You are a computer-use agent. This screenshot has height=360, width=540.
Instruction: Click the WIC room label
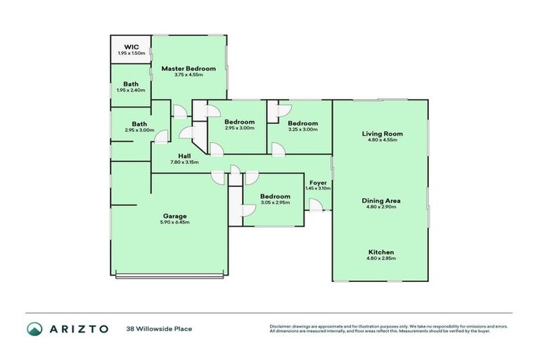(x=131, y=47)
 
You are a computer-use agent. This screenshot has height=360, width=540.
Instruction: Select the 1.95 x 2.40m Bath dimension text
(x=131, y=90)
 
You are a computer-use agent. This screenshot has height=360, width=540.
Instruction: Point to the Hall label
(x=184, y=156)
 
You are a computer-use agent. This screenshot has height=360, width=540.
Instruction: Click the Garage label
(x=174, y=216)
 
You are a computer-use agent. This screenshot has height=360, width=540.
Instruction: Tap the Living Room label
(x=382, y=134)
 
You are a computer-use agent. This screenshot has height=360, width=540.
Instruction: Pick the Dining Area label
(x=381, y=200)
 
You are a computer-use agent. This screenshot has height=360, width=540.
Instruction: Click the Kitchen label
(x=381, y=252)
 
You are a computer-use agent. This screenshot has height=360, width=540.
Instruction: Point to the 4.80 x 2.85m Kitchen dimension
(x=381, y=259)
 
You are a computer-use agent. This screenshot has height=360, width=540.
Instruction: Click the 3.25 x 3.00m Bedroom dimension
(x=303, y=129)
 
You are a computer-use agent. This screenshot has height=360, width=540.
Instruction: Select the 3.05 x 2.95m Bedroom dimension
(x=275, y=202)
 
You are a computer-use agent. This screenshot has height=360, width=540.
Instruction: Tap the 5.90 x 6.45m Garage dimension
(x=174, y=222)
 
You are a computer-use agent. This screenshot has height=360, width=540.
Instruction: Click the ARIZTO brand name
(x=79, y=329)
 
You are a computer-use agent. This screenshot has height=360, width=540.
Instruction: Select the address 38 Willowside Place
(x=159, y=329)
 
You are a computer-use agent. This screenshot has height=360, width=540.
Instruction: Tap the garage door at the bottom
(x=170, y=276)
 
